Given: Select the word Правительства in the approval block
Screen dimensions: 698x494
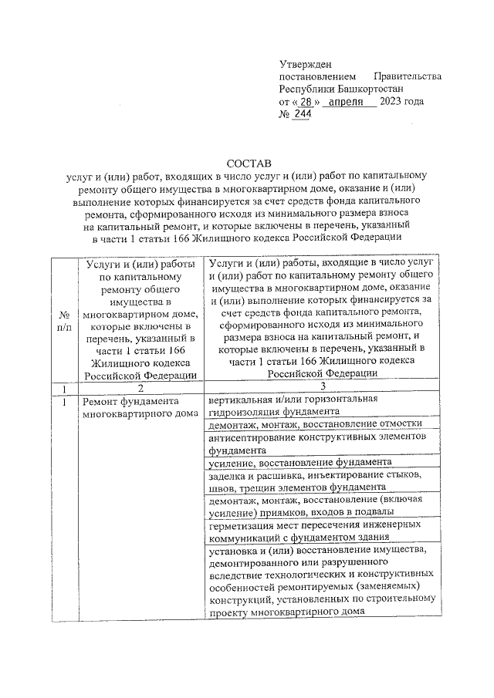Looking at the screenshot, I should pos(407,77).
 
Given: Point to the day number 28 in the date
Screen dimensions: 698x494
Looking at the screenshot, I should pos(306,102).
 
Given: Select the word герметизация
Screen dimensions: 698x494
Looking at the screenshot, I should pos(242,524).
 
